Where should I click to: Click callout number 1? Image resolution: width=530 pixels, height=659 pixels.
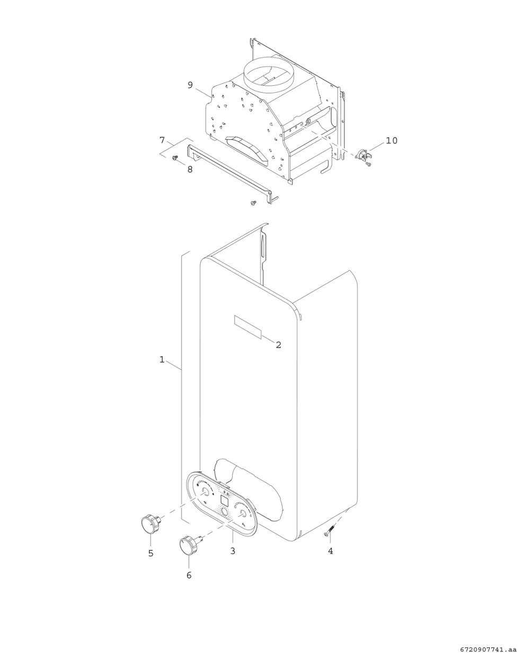pos(162,360)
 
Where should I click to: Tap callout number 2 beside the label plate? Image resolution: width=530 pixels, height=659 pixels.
pos(278,345)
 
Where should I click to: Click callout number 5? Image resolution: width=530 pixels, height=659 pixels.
pos(151,554)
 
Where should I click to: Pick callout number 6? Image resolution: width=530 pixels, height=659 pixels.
pos(189,575)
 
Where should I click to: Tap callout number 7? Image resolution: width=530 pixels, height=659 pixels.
pos(162,140)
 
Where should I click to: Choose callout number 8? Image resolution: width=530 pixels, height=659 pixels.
pos(190,169)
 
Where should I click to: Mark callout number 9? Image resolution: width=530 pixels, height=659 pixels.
pos(190,85)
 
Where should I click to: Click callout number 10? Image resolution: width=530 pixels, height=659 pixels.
pos(392,140)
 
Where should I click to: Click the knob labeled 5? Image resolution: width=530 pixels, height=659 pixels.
pos(151,523)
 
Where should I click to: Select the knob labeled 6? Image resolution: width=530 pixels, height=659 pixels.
pos(188,546)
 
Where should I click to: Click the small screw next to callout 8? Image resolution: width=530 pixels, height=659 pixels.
pos(175,157)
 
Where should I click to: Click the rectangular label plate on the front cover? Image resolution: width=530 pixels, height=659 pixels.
pos(248,327)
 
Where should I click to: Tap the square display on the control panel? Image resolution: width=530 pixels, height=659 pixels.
pos(225,501)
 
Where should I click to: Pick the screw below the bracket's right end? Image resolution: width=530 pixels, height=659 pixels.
pos(253,202)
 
